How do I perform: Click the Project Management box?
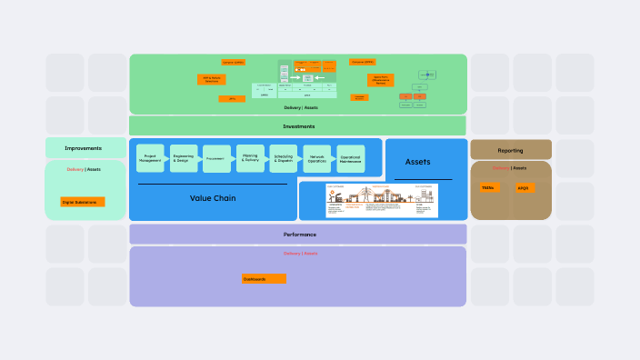(x=150, y=158)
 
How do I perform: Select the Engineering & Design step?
(x=184, y=158)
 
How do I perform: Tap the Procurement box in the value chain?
(x=217, y=158)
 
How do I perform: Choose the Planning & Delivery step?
(x=250, y=158)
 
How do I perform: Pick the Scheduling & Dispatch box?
(x=284, y=158)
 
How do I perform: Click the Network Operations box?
(x=317, y=158)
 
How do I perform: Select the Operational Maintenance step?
(x=350, y=158)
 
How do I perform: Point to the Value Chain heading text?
(x=213, y=197)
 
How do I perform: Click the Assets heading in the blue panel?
(x=418, y=162)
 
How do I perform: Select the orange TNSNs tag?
(x=489, y=187)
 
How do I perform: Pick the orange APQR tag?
(x=525, y=188)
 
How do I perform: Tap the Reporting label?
(x=510, y=150)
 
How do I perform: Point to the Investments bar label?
(x=298, y=126)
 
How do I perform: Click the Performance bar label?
(x=299, y=235)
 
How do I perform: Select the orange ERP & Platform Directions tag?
(x=211, y=80)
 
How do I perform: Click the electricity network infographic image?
(x=382, y=201)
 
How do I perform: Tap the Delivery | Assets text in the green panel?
(x=299, y=107)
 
